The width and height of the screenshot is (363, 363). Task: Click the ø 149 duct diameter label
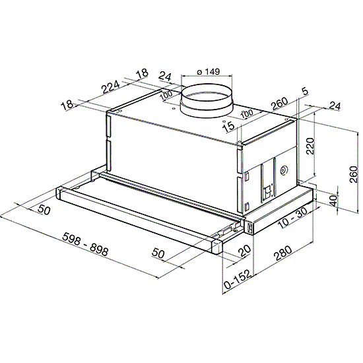209,72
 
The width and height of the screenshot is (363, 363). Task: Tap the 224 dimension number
111,86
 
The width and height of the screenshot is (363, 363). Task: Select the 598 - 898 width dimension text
85,244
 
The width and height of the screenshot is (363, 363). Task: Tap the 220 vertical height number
310,146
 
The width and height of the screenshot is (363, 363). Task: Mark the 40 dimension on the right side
333,201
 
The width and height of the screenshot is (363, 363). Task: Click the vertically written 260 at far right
354,174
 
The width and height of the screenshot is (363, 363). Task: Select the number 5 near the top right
306,92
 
